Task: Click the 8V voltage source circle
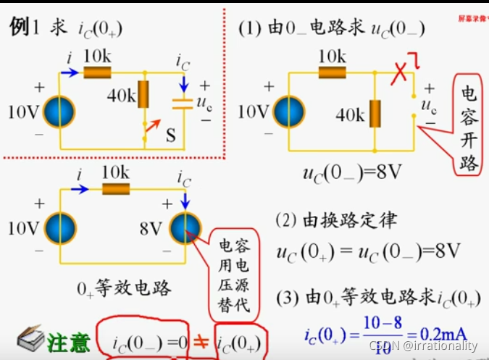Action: (x=187, y=229)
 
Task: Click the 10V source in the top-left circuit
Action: (x=60, y=113)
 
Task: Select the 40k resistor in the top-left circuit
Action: (x=144, y=94)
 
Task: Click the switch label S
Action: (x=171, y=134)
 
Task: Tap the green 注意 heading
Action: (x=69, y=342)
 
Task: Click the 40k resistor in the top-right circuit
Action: (x=375, y=113)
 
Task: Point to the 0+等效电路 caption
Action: (x=124, y=289)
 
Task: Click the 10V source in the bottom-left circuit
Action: (x=60, y=229)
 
